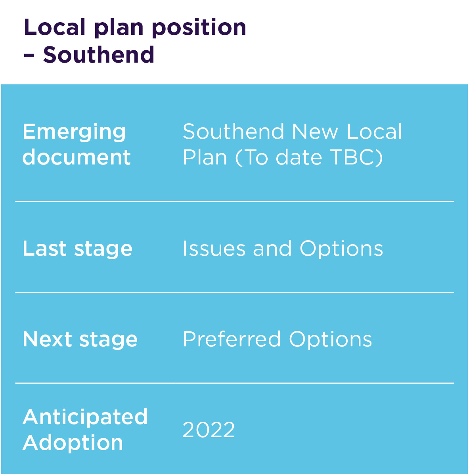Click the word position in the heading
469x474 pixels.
coord(199,28)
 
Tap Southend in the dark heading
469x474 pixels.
coord(99,55)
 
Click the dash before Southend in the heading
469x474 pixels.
coord(29,55)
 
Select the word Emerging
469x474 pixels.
coord(74,132)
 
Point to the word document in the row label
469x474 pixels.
coord(77,157)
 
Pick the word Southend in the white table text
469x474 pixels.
coord(234,132)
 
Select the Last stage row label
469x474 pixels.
coord(78,249)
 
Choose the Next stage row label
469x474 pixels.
coord(80,340)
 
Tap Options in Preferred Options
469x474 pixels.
coord(331,340)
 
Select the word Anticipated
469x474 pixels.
coord(85,417)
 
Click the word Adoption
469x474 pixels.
coord(73,443)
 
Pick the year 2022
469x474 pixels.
coord(209,430)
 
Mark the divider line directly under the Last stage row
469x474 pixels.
coord(234,292)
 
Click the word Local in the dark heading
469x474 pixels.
coord(55,28)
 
